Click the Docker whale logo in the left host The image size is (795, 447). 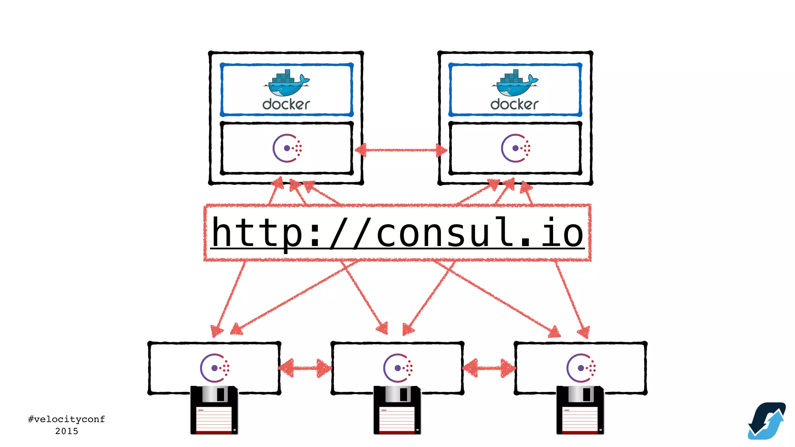pyautogui.click(x=286, y=83)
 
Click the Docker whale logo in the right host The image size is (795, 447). pyautogui.click(x=515, y=83)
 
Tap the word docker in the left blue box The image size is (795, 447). pyautogui.click(x=286, y=104)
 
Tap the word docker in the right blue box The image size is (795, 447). pyautogui.click(x=514, y=104)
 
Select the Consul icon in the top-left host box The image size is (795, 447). pyautogui.click(x=287, y=148)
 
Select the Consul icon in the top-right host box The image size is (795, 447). pyautogui.click(x=515, y=148)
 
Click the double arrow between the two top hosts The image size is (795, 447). pyautogui.click(x=401, y=150)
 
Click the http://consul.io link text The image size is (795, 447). pyautogui.click(x=397, y=232)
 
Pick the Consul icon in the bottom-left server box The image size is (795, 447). pyautogui.click(x=214, y=368)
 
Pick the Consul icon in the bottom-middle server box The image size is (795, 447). pyautogui.click(x=397, y=368)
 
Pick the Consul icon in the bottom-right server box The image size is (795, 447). pyautogui.click(x=581, y=368)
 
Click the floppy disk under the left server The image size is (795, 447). pyautogui.click(x=214, y=411)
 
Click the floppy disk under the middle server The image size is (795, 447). pyautogui.click(x=397, y=411)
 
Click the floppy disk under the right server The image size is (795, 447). pyautogui.click(x=580, y=411)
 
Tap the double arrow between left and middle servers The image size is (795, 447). pyautogui.click(x=306, y=368)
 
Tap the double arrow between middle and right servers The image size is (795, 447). pyautogui.click(x=489, y=368)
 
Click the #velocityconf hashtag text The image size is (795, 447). pyautogui.click(x=66, y=419)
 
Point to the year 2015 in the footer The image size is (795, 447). pyautogui.click(x=66, y=431)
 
